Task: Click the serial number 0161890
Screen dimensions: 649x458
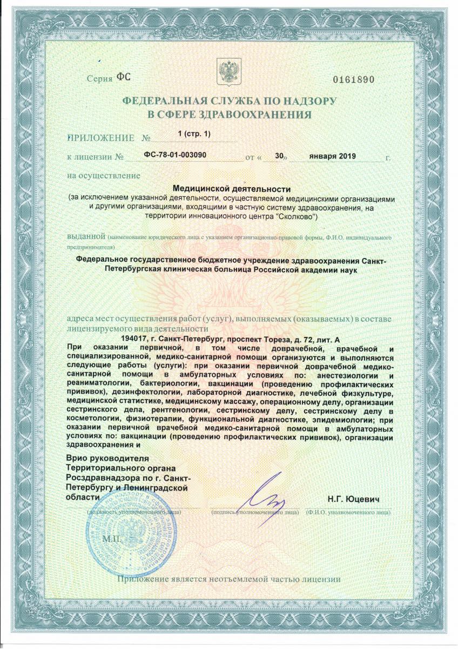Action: pyautogui.click(x=354, y=79)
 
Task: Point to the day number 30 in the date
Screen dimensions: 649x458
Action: pyautogui.click(x=279, y=155)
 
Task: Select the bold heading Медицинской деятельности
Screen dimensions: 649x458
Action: pyautogui.click(x=231, y=189)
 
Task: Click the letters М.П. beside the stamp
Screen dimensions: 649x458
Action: pyautogui.click(x=113, y=540)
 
